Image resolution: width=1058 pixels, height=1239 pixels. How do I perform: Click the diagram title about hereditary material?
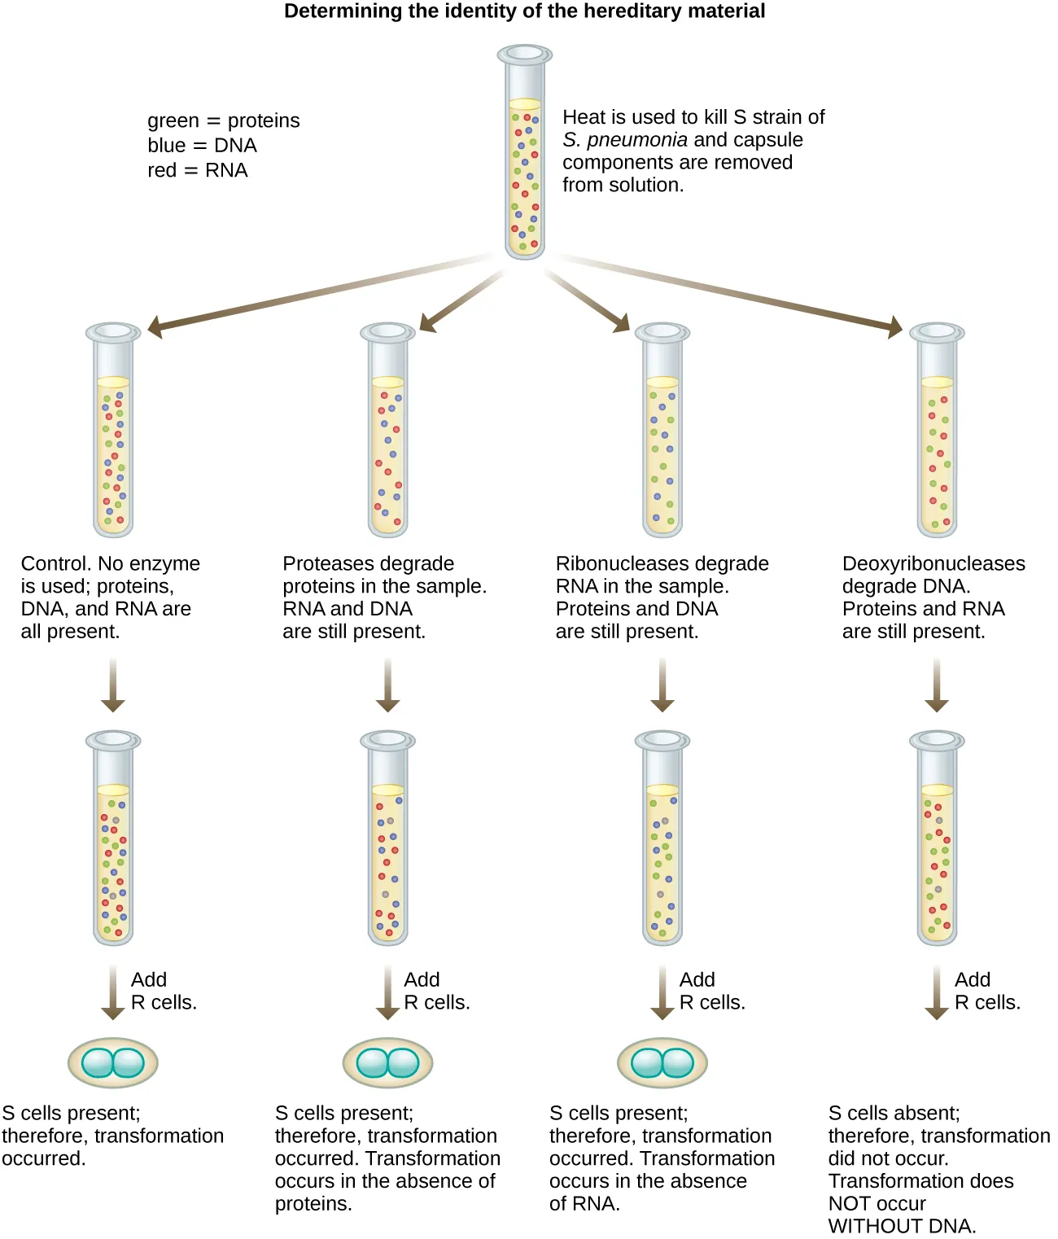pos(524,11)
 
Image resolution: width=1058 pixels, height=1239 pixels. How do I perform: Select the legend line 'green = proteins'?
pos(223,120)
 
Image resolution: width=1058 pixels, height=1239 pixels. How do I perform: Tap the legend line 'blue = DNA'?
pos(202,146)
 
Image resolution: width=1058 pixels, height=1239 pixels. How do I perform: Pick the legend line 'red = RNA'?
pos(197,170)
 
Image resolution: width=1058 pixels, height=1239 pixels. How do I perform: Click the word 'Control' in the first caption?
pos(55,563)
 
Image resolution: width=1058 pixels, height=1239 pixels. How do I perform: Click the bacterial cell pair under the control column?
pos(113,1062)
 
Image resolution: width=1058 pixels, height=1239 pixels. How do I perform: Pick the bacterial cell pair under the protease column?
pos(387,1062)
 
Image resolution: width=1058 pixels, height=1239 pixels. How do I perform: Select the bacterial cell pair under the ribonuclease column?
pos(662,1062)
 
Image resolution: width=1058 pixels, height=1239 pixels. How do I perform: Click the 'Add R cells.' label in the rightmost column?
pos(986,991)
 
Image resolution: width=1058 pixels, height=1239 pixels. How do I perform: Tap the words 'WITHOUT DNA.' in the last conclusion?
pos(902,1226)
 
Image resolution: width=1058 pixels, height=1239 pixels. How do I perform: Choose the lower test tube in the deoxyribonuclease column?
pos(937,838)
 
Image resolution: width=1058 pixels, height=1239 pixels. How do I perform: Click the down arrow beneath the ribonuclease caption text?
pos(662,686)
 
